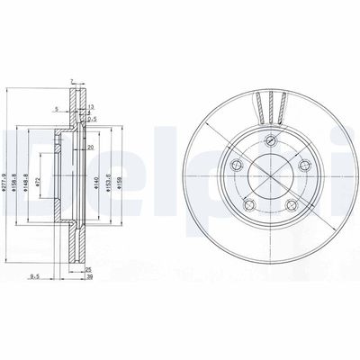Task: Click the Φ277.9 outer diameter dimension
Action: [x=6, y=185]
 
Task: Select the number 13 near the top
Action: [x=92, y=106]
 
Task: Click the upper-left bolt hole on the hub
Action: [x=236, y=165]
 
